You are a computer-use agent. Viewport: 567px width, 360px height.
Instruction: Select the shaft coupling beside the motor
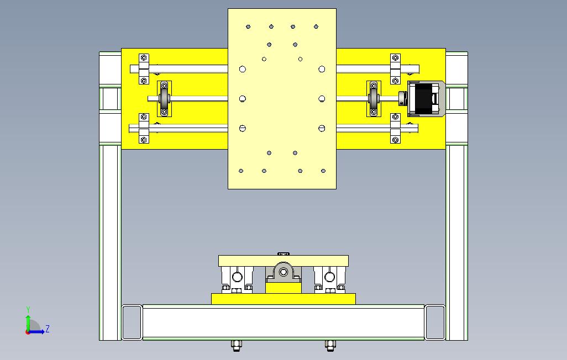403,99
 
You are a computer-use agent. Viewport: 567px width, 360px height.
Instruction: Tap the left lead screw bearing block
164,99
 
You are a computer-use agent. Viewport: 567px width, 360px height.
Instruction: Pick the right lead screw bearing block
374,99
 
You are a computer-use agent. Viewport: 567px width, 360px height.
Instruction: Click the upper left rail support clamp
144,69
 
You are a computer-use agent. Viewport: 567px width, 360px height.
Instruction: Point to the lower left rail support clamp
144,128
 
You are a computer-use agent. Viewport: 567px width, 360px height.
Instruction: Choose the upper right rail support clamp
395,69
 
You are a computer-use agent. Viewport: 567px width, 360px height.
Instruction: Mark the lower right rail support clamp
395,128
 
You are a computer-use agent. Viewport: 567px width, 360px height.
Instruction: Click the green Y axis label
28,309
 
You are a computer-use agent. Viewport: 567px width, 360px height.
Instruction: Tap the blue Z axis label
48,329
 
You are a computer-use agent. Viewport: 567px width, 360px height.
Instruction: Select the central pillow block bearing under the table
283,273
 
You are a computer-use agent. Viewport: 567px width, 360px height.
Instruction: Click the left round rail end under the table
237,277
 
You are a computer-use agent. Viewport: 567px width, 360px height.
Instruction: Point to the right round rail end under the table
329,277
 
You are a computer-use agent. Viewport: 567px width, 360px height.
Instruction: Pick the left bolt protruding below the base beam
236,346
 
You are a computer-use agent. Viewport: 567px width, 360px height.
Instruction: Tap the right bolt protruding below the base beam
330,346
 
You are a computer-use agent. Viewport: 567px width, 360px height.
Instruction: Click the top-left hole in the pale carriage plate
248,27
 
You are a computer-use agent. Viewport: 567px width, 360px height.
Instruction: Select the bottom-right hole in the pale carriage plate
323,171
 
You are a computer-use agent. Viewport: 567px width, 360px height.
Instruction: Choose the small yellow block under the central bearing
283,288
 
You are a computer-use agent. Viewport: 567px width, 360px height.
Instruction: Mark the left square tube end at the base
132,322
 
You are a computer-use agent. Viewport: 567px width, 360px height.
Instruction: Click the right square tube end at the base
435,322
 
